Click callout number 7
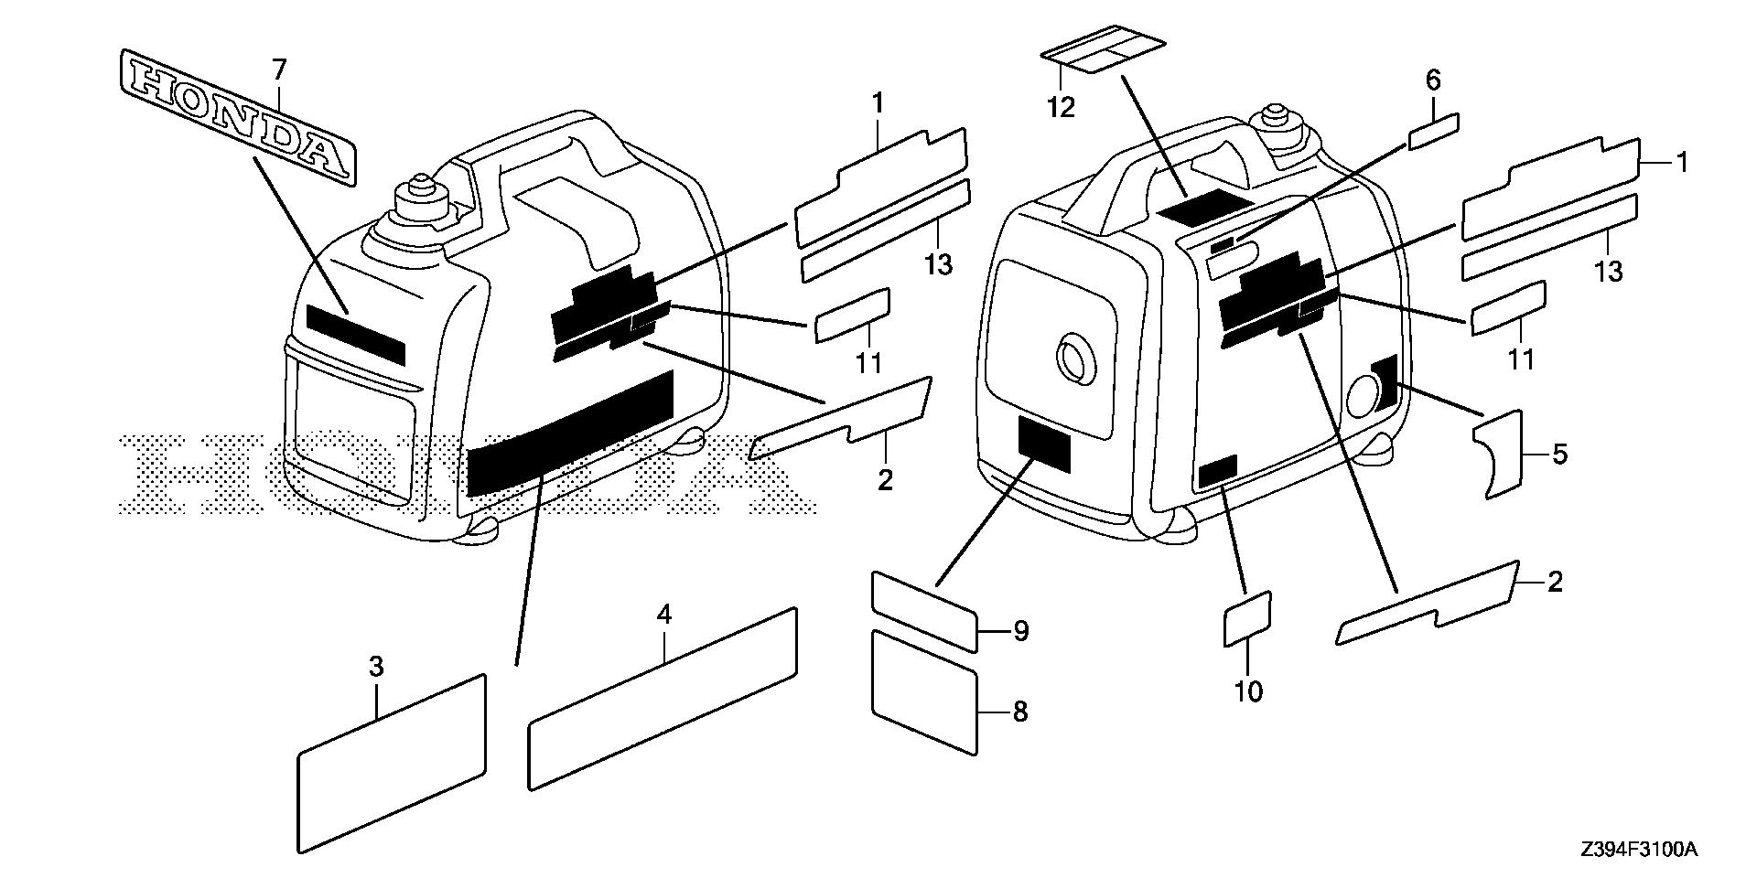(278, 68)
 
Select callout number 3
(376, 668)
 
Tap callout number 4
(664, 615)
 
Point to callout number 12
(1061, 107)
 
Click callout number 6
(1433, 80)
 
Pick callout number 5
(1559, 454)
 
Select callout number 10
(1248, 691)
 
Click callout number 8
(1019, 712)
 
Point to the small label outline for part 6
(1434, 132)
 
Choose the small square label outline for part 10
(1247, 619)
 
